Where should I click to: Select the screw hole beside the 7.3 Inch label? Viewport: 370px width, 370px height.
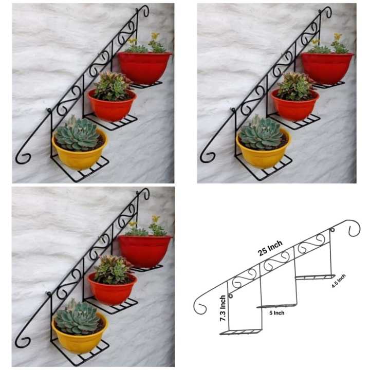230,297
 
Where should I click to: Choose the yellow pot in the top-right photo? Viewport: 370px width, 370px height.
264,154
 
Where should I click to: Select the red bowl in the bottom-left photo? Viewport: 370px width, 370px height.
145,250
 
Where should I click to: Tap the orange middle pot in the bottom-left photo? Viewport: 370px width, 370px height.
112,291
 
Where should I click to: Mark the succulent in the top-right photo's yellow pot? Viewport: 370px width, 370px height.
262,134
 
